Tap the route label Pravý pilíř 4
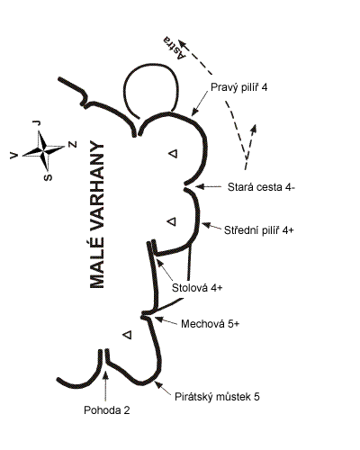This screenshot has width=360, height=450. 238,87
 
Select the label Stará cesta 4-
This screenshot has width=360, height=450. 261,187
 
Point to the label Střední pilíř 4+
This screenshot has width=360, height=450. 259,230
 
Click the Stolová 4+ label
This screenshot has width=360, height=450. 197,288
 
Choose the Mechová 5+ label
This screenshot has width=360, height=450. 211,324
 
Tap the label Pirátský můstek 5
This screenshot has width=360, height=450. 217,397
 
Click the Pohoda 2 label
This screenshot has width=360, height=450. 107,410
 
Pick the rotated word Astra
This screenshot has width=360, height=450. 174,48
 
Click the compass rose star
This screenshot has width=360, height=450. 43,149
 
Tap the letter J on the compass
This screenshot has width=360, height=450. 37,122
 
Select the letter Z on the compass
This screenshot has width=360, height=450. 73,145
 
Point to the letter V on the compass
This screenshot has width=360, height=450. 14,155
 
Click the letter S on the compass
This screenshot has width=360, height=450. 48,177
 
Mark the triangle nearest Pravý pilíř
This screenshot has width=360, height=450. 173,154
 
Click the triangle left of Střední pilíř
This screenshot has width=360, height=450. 172,221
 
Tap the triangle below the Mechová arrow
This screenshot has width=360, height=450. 128,334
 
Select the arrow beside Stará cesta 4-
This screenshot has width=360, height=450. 208,186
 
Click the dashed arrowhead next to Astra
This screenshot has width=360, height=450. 183,44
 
